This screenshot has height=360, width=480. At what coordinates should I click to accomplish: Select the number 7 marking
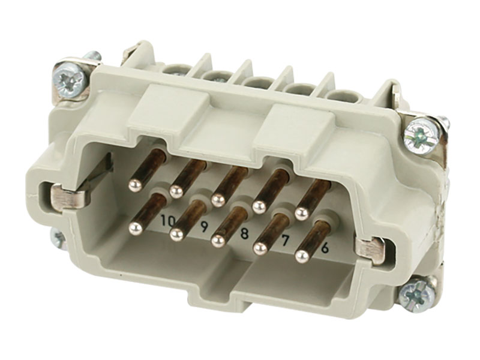[286, 240]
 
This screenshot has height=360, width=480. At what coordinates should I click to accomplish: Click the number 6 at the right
[325, 247]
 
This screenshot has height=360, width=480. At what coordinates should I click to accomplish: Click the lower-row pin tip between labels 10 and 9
[176, 233]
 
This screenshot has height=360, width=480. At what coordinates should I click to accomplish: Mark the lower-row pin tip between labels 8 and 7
[259, 248]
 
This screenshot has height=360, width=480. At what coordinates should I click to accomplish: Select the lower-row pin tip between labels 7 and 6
[302, 256]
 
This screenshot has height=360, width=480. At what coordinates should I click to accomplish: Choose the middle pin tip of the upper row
[217, 198]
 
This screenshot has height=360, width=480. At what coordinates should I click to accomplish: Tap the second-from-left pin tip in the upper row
[175, 191]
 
